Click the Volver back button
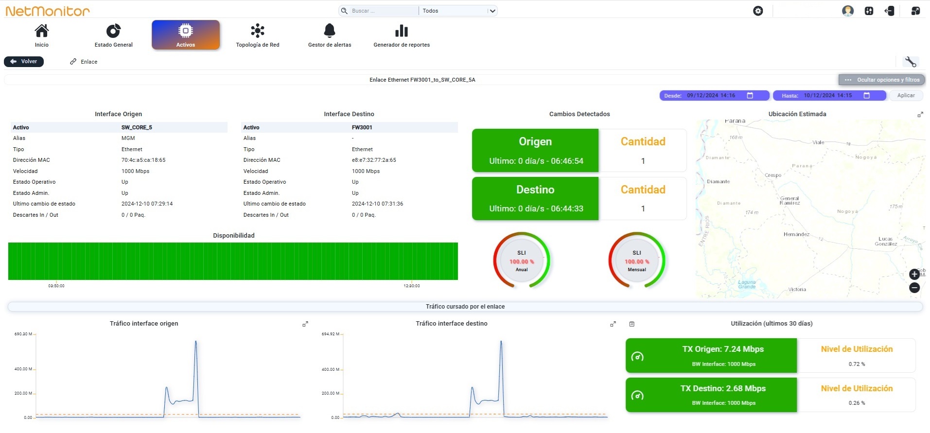click(24, 62)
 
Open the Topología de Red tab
click(258, 35)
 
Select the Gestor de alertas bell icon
click(330, 31)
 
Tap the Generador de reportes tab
click(402, 35)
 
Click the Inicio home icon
click(42, 31)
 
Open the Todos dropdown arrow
click(492, 11)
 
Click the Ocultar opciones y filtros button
click(882, 80)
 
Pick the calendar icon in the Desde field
click(750, 95)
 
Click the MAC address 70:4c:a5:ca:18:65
click(143, 160)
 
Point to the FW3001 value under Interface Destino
click(362, 127)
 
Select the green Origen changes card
click(535, 150)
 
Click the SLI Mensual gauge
click(637, 260)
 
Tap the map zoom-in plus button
click(914, 274)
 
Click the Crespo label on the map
click(773, 175)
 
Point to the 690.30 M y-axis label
click(23, 334)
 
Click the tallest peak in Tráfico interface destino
click(501, 342)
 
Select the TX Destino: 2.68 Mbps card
click(711, 395)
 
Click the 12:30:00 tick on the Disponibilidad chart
click(412, 286)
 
